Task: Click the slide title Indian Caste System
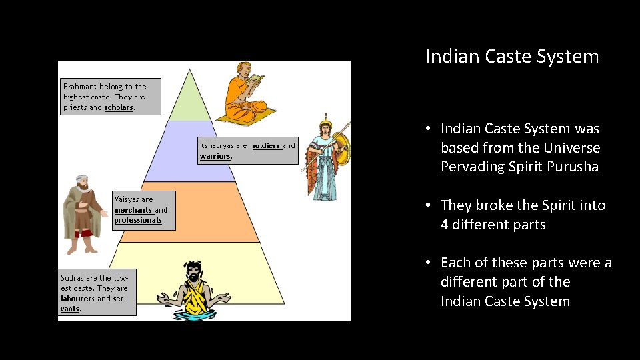(x=512, y=56)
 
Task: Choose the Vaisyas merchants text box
(x=143, y=209)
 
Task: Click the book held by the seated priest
(x=257, y=79)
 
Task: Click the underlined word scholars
(x=119, y=107)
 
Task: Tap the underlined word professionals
(x=138, y=220)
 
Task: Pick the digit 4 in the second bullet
(x=445, y=225)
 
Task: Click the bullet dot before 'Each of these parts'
(x=429, y=263)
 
